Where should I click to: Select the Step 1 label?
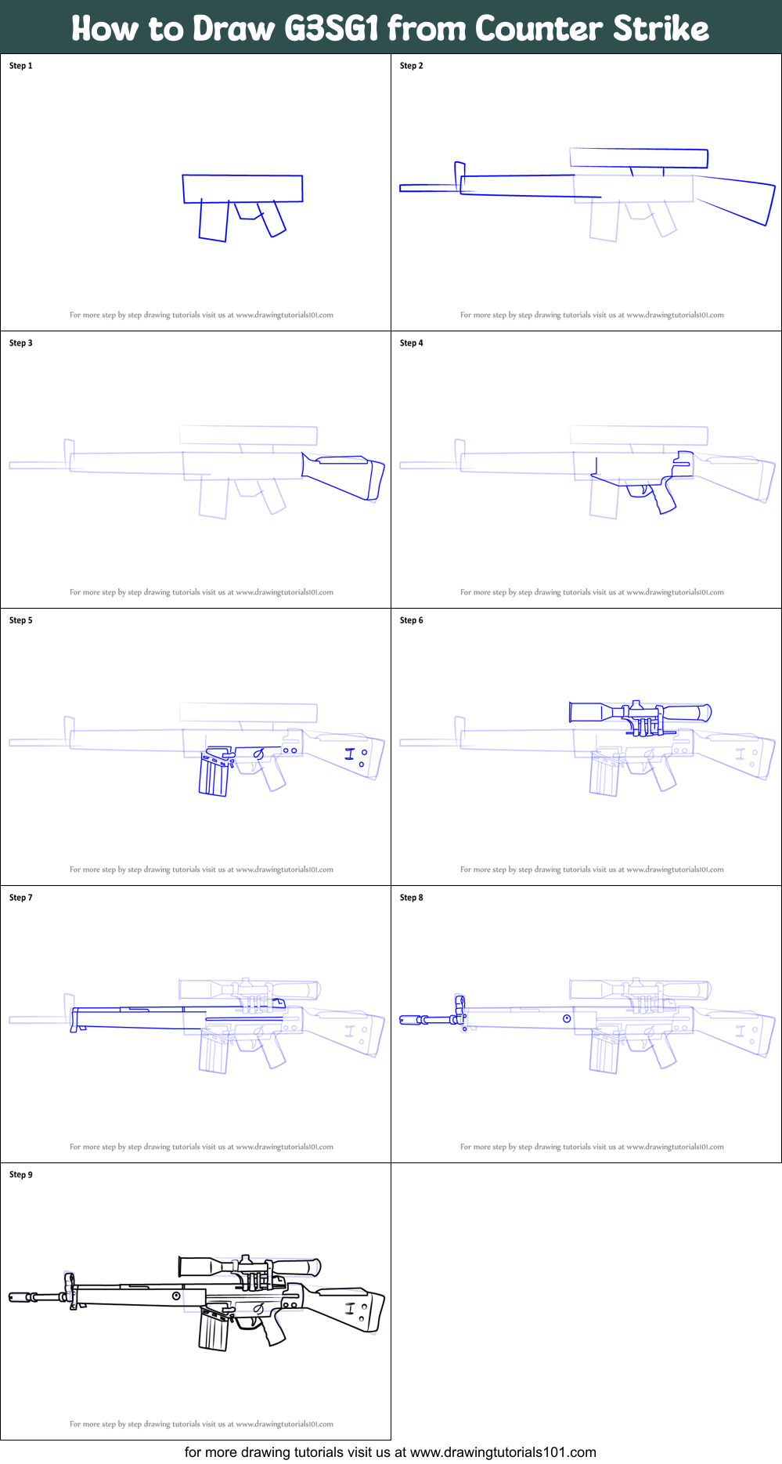(21, 66)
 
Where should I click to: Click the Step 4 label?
(411, 343)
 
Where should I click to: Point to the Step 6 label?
(411, 620)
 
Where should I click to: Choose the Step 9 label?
(21, 1175)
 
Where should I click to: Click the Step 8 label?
(411, 898)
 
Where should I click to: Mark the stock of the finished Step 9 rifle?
(348, 1307)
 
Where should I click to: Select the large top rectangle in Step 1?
(243, 189)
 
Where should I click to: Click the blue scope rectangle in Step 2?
(639, 158)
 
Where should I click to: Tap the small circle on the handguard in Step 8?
(567, 1018)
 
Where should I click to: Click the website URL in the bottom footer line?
(503, 1452)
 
